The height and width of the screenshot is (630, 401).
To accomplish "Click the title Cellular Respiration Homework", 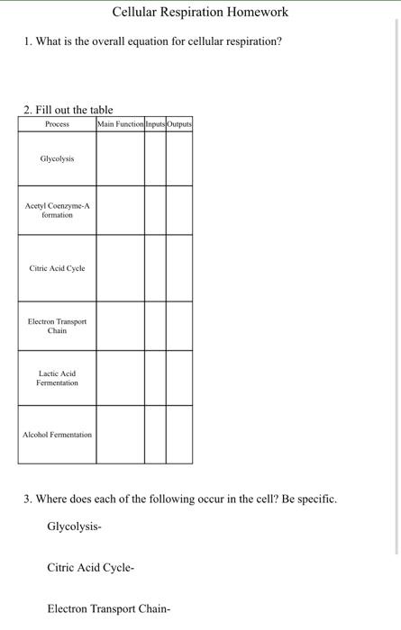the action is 200,13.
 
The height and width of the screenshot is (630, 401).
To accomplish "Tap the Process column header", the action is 57,123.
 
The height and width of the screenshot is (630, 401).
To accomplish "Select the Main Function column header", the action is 120,123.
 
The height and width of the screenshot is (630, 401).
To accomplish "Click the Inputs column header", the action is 155,123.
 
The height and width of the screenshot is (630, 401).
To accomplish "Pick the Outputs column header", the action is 178,123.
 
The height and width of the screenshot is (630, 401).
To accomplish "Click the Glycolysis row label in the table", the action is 57,158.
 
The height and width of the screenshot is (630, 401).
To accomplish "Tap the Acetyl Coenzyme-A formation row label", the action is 57,211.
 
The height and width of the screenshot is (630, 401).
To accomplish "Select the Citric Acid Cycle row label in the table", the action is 57,268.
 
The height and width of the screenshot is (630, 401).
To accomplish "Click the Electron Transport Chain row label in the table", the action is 57,326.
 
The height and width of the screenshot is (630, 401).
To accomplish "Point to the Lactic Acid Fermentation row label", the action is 57,378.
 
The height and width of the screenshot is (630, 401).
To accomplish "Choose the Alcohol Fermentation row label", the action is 57,435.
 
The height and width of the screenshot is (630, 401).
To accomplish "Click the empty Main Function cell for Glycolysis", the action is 120,158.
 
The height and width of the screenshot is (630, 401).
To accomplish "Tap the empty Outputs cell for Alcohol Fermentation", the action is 178,435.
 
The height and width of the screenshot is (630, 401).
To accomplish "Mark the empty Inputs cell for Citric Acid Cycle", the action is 155,268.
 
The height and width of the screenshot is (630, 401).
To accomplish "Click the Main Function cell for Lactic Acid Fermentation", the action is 120,378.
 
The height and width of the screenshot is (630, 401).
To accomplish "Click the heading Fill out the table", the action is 68,110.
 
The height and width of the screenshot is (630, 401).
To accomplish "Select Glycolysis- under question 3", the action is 74,526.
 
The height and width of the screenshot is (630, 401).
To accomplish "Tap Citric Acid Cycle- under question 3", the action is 90,568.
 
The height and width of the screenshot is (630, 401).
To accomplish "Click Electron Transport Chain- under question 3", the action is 108,609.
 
